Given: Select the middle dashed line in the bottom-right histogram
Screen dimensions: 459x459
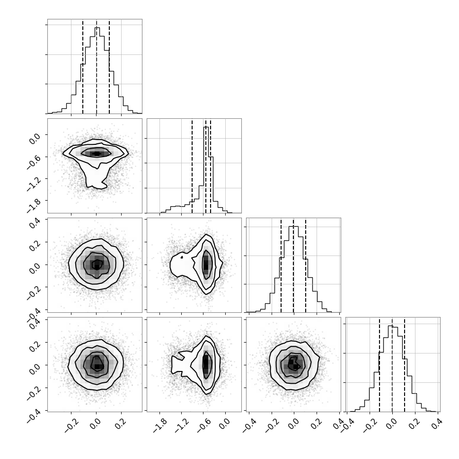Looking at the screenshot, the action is coord(392,364).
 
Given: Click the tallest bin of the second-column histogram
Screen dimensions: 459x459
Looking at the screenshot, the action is coord(206,170).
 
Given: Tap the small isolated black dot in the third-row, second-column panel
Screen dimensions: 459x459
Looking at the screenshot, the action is coord(182,257).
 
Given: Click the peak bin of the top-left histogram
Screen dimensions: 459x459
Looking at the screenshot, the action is coord(97,71).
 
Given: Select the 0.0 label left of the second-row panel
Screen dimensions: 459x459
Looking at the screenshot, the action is coord(35,138).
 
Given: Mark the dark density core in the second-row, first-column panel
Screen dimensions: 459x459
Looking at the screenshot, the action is coord(97,153).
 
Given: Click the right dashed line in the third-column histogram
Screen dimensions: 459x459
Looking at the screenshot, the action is coord(306,265).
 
